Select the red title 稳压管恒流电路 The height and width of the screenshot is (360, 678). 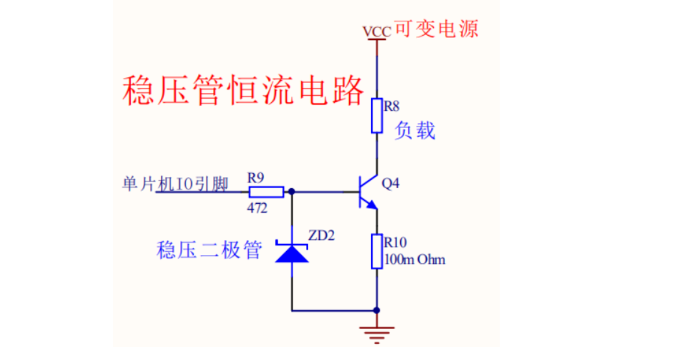[244, 90]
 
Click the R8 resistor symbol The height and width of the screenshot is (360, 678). [377, 115]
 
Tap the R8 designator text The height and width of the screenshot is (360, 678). [392, 106]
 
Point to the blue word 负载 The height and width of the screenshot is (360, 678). [414, 130]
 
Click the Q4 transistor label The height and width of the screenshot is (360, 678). [390, 184]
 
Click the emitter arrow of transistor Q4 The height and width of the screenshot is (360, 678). [372, 204]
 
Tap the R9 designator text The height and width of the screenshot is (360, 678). [256, 178]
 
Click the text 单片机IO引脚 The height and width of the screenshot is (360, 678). [175, 184]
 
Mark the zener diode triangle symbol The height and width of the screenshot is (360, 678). [291, 253]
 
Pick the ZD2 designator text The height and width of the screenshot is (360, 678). [321, 235]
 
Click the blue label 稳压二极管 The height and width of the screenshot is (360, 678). [209, 250]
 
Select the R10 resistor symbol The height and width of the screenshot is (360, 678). [377, 251]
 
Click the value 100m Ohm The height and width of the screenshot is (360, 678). [415, 260]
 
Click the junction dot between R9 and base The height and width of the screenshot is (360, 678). [291, 192]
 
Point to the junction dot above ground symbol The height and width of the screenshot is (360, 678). [377, 310]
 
